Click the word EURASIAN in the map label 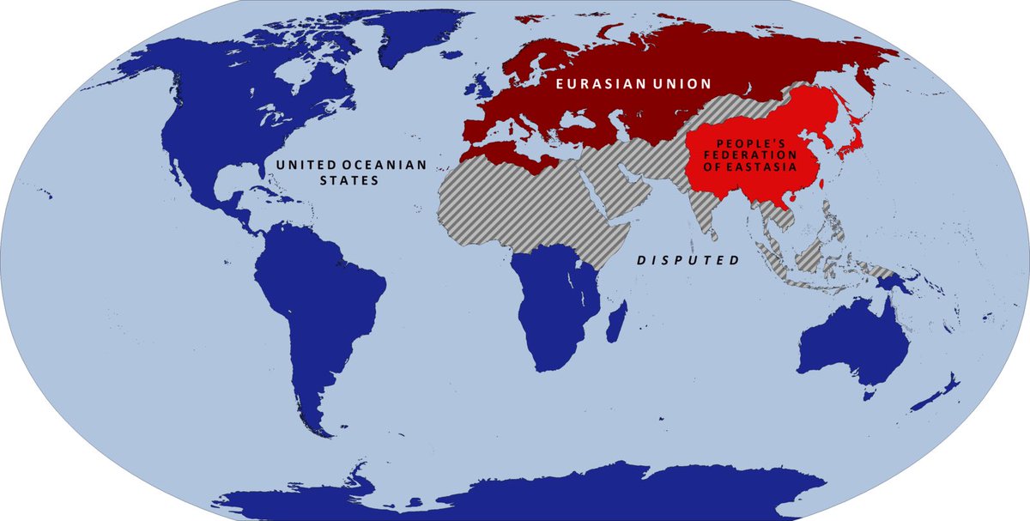[589, 84]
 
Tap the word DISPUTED [687, 259]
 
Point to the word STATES [348, 181]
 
